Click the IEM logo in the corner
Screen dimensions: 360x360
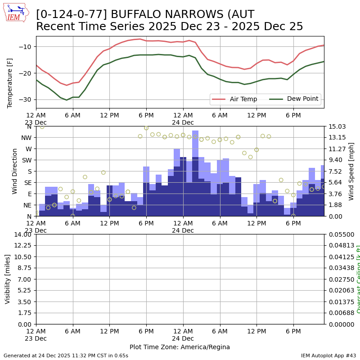(16, 13)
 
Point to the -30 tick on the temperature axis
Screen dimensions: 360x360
(26, 99)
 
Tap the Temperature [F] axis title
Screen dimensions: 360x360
(10, 83)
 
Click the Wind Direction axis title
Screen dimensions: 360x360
(15, 171)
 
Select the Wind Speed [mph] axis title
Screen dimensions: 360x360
(351, 171)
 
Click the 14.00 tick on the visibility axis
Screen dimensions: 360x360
(23, 234)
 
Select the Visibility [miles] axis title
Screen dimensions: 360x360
(8, 279)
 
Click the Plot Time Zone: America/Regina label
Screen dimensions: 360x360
(180, 347)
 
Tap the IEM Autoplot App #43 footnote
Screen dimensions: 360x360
(328, 355)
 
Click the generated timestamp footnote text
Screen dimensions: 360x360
(66, 355)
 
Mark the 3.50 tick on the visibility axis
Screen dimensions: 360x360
(25, 301)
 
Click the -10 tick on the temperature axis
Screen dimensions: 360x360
(26, 47)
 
